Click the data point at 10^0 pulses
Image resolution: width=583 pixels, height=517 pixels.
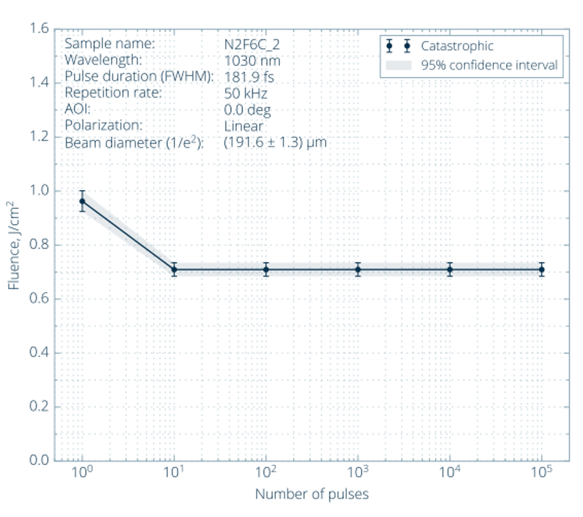[x=82, y=201]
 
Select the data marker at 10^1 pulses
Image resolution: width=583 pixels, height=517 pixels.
[x=174, y=269]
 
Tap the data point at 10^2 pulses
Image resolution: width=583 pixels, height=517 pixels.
[x=266, y=269]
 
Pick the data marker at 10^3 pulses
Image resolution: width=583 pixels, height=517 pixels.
[x=358, y=269]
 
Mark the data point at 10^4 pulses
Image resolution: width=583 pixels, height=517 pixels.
[x=450, y=269]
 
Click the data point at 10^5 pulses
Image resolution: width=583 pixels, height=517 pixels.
[x=542, y=269]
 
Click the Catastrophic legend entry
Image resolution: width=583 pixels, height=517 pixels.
[x=457, y=47]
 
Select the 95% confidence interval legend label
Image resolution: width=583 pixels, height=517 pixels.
[x=488, y=66]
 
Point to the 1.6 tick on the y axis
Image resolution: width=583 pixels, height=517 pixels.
[x=39, y=29]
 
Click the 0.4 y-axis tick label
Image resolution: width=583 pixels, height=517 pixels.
[x=39, y=353]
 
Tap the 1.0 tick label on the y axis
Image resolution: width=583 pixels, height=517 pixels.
[x=39, y=191]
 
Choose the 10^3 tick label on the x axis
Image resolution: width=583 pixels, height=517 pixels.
[x=357, y=473]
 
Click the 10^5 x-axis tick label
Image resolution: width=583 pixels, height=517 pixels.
[x=542, y=473]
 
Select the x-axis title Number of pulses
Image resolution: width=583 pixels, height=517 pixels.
[x=311, y=494]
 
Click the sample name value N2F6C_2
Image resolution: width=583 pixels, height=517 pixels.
[x=252, y=45]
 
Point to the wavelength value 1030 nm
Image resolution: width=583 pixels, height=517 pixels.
[x=252, y=60]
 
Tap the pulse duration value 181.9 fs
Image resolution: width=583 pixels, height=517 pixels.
[x=249, y=77]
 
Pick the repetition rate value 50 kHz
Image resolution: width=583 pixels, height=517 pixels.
[x=246, y=93]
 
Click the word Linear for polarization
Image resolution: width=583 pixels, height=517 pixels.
[x=243, y=126]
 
